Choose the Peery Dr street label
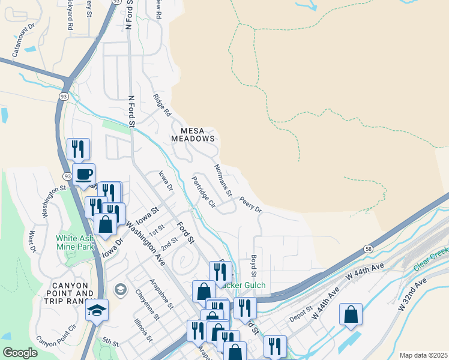[x=250, y=204]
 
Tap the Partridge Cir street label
[x=203, y=191]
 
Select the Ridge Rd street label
[x=162, y=105]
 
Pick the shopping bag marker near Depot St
[x=351, y=314]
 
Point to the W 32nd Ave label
[x=411, y=294]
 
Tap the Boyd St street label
[x=254, y=265]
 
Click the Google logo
[x=20, y=353]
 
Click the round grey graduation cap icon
[x=121, y=290]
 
